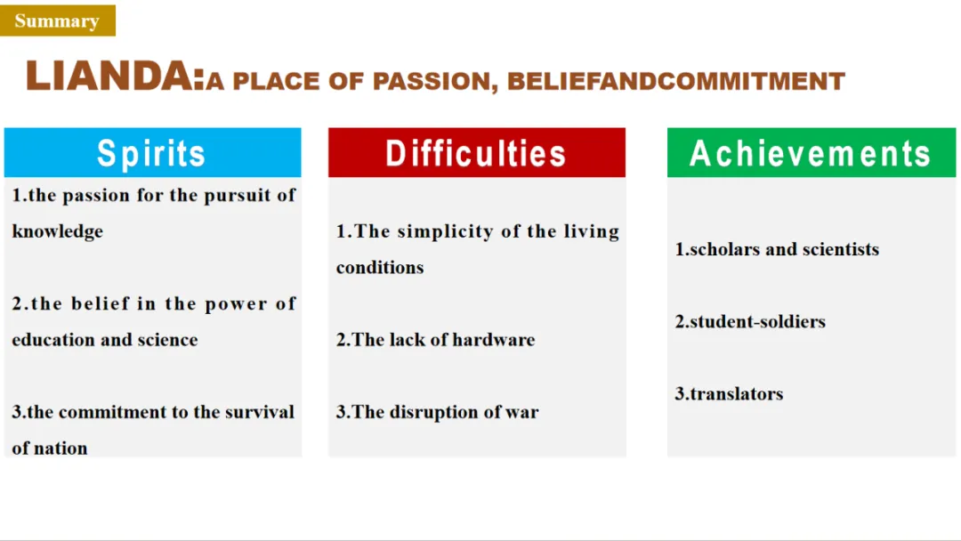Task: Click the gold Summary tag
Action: point(58,20)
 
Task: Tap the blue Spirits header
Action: point(153,152)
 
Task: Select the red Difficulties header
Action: point(477,152)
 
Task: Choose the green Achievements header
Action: point(812,152)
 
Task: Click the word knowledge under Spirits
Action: point(58,231)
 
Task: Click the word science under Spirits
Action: point(167,340)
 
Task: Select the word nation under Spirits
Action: point(61,448)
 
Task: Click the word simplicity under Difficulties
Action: point(446,231)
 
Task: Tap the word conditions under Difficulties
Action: point(380,268)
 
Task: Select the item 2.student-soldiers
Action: point(750,321)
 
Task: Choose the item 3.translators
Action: point(729,394)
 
